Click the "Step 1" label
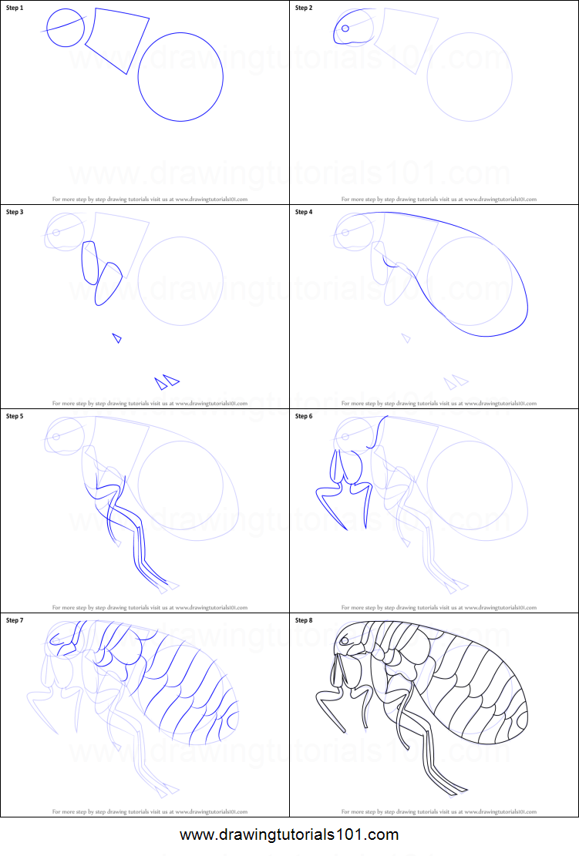[x=15, y=8]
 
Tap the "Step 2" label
[x=304, y=8]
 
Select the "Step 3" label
[x=15, y=211]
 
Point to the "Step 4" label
[x=304, y=211]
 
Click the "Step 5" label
[x=15, y=416]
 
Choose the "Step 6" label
[x=304, y=416]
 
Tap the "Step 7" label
[x=15, y=619]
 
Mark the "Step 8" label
[x=304, y=619]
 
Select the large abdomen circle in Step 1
[x=180, y=77]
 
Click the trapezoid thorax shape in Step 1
[x=117, y=39]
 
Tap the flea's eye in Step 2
[x=345, y=29]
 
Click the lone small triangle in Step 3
[x=117, y=337]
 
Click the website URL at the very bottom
[x=289, y=834]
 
